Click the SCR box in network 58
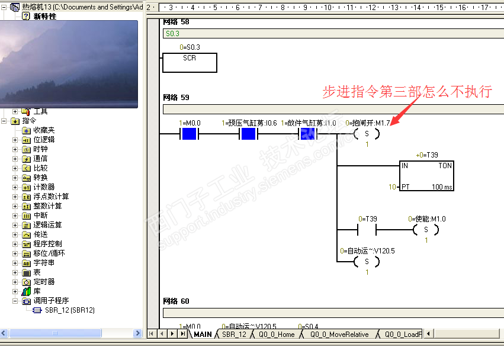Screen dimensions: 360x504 pos(190,62)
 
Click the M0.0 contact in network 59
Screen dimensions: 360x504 pos(189,134)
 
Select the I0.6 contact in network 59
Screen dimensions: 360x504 pos(248,134)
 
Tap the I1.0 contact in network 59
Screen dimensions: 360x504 pos(307,134)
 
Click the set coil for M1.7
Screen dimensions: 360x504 pos(367,134)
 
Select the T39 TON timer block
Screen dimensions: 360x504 pos(426,175)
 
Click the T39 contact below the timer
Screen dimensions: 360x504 pos(367,230)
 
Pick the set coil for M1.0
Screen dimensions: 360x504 pos(426,230)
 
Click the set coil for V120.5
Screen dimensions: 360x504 pos(367,262)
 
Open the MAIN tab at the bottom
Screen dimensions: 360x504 pos(202,335)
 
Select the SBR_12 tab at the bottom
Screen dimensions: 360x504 pos(234,335)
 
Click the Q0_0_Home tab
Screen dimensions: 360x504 pos(276,335)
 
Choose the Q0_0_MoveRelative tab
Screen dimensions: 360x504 pos(338,335)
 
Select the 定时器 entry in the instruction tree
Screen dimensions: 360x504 pos(44,282)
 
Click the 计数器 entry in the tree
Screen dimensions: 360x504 pos(44,187)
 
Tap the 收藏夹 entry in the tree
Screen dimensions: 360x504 pos(44,130)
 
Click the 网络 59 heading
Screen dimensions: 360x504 pos(176,97)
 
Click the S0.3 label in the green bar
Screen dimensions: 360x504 pos(172,34)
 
